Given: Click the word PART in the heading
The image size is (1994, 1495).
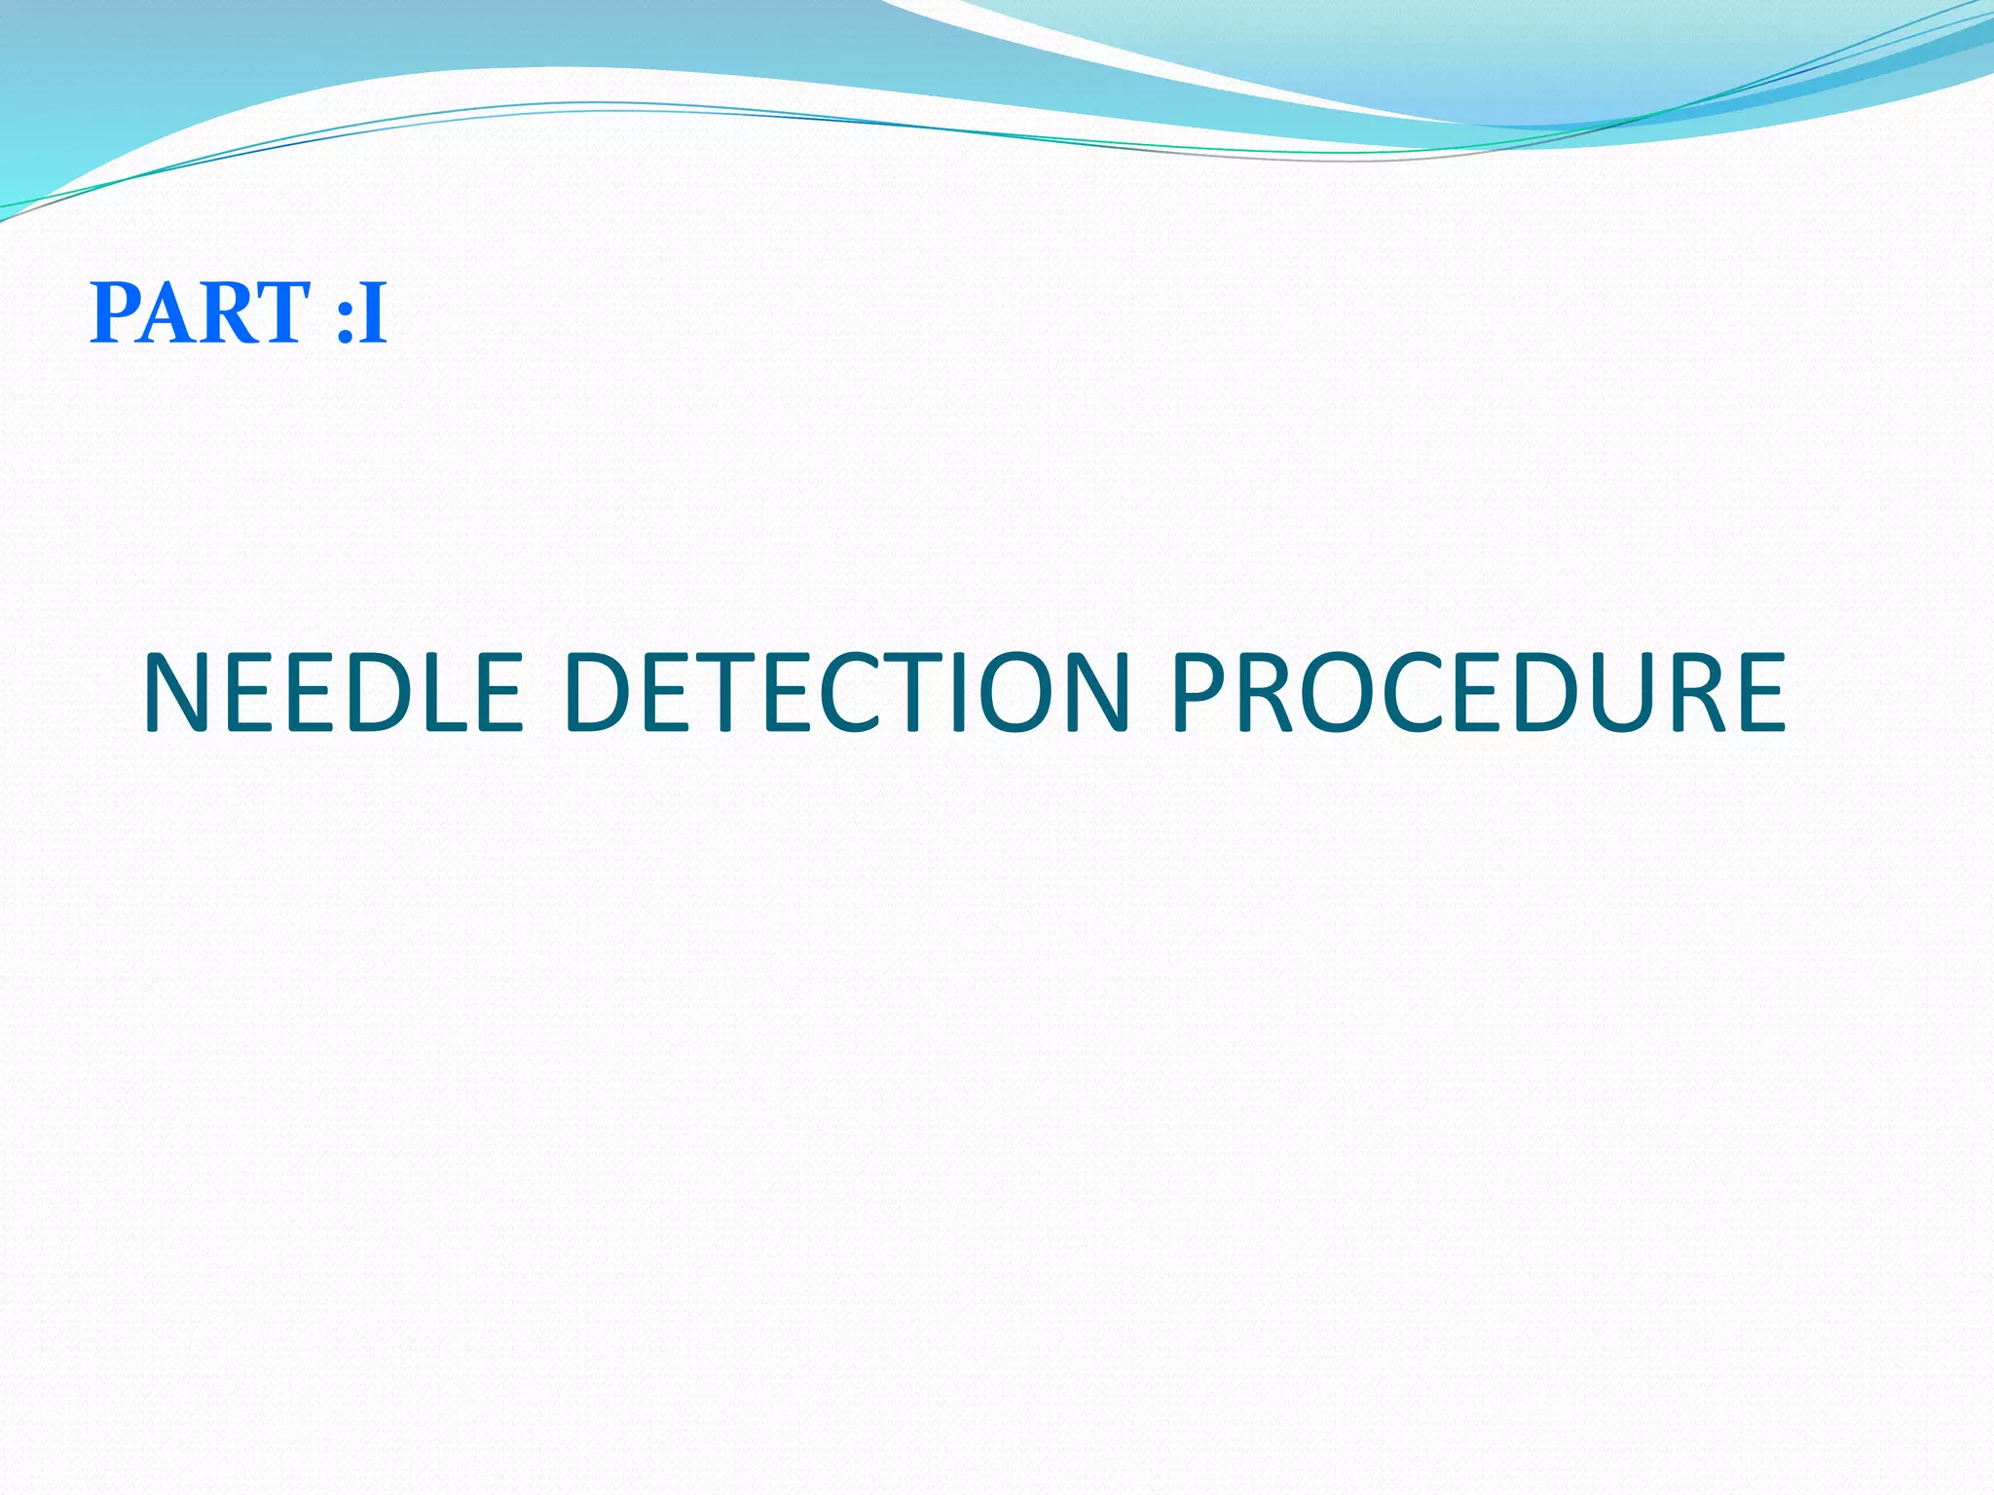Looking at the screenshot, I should point(200,313).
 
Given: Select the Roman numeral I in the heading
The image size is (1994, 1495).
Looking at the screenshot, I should point(372,313).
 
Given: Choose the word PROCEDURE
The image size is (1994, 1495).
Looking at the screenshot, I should point(1477,693).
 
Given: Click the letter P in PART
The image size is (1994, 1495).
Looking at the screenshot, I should point(115,313).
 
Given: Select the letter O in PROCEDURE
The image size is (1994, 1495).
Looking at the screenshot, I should point(1340,693).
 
